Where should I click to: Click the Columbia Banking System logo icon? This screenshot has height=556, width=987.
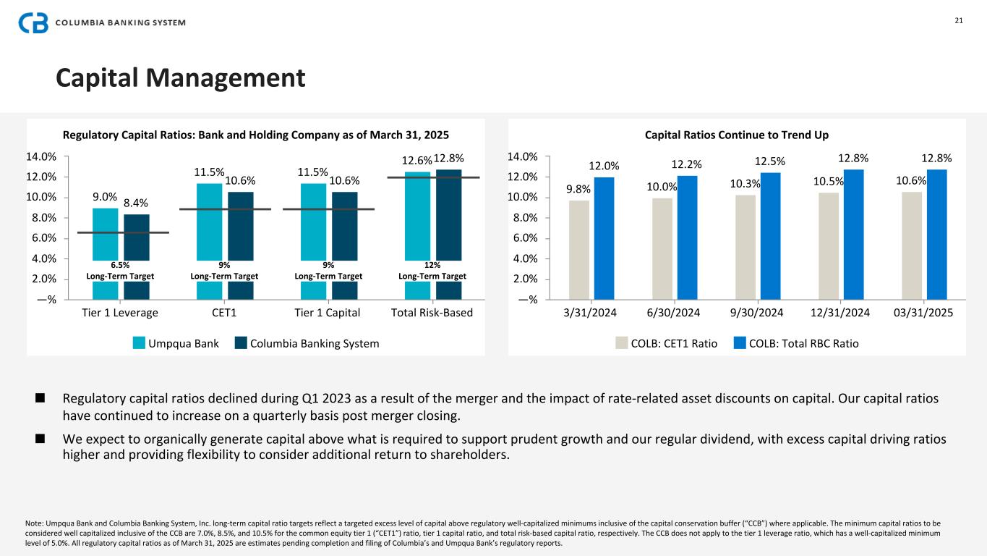[x=33, y=22]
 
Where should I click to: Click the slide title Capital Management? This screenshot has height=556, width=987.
[x=181, y=77]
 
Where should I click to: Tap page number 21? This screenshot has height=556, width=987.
[x=959, y=20]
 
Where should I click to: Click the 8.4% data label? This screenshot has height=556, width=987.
[x=136, y=204]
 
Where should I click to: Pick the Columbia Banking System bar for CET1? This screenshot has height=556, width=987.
[x=241, y=232]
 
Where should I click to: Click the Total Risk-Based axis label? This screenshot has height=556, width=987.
[x=432, y=313]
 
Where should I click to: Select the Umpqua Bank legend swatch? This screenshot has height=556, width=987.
[x=139, y=343]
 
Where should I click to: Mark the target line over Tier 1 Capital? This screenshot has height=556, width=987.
[x=328, y=209]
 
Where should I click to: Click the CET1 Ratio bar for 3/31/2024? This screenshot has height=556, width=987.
[x=579, y=250]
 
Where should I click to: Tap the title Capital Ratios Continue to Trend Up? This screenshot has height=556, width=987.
[x=737, y=135]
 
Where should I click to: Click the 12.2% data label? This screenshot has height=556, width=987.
[x=686, y=165]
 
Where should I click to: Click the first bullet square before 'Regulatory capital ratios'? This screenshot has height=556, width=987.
[x=40, y=397]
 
